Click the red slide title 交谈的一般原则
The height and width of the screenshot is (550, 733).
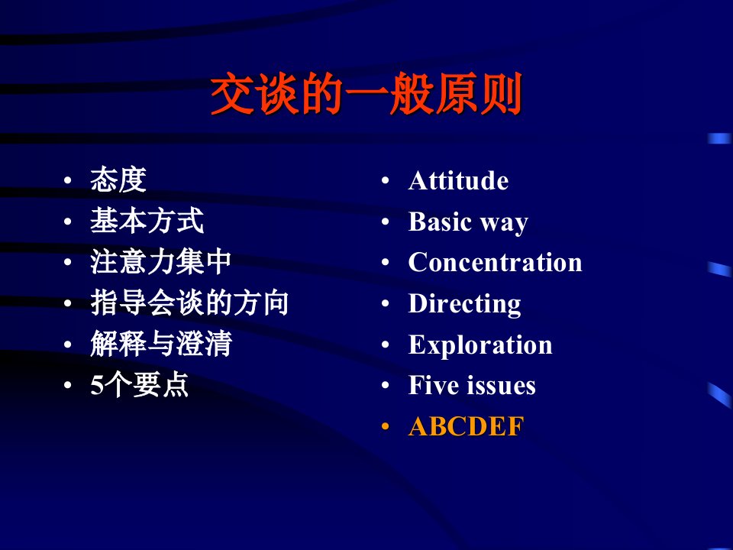tap(366, 93)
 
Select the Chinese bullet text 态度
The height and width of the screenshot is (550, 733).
tap(118, 180)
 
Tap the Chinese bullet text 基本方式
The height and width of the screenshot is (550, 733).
tap(147, 221)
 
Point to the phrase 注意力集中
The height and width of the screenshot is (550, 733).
tap(161, 262)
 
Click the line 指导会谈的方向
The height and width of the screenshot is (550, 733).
tap(189, 303)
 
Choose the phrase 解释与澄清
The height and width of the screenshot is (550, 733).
tap(161, 344)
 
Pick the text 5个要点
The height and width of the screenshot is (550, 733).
tap(139, 385)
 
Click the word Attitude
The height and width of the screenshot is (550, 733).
tap(458, 180)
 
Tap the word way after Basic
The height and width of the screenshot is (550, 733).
tap(505, 224)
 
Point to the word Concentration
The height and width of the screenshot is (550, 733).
tap(495, 262)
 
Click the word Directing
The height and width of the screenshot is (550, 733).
tap(465, 304)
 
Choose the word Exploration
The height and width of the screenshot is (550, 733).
tap(480, 345)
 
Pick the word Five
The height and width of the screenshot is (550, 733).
tap(434, 385)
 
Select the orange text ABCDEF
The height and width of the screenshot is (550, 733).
tap(466, 426)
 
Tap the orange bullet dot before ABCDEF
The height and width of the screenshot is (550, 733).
tap(385, 426)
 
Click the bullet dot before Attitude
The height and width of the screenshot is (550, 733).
tap(385, 180)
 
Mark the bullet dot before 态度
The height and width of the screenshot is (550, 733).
tap(68, 180)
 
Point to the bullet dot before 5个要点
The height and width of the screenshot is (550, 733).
tap(68, 385)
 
